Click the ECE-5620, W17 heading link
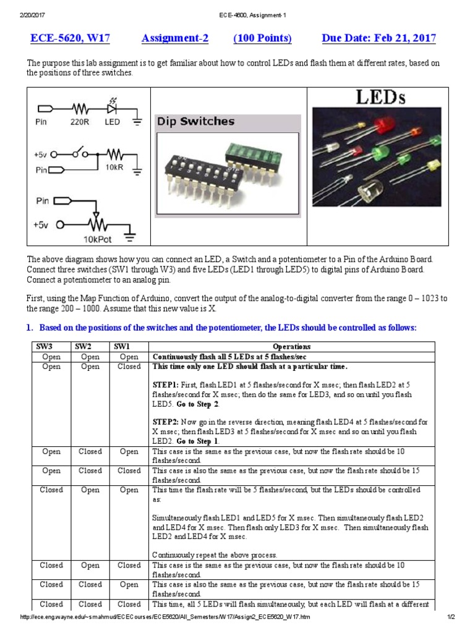point(70,38)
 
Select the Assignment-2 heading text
point(175,38)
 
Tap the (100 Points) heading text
point(262,38)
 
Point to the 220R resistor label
point(79,122)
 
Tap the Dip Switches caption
point(195,122)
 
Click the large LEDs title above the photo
point(380,97)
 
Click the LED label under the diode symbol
point(112,122)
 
